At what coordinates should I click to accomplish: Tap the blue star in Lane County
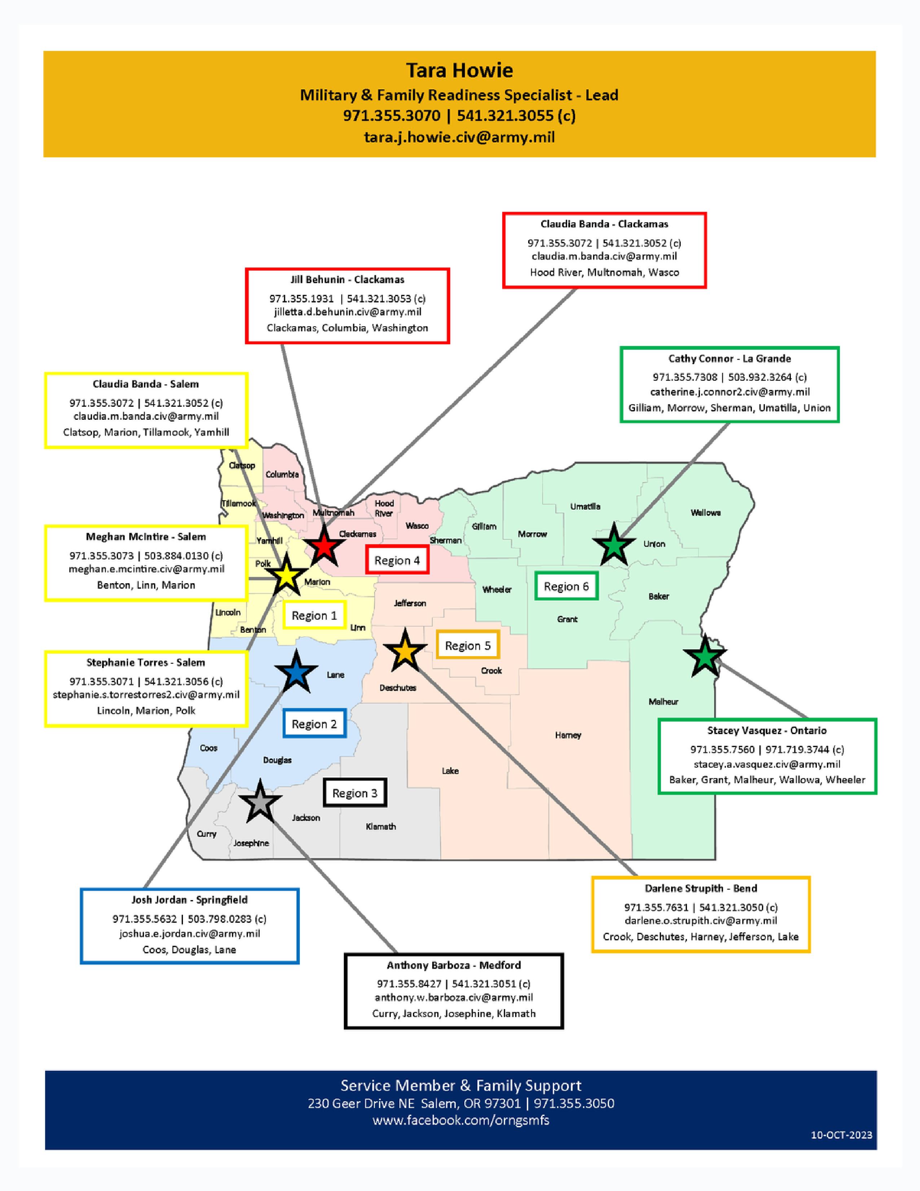point(296,672)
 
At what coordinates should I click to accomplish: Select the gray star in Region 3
point(260,801)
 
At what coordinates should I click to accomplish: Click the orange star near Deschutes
point(405,651)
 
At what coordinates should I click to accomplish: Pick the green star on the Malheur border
point(705,656)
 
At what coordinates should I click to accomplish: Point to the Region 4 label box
point(397,560)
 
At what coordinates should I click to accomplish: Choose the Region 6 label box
point(566,586)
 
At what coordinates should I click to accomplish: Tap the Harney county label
point(568,735)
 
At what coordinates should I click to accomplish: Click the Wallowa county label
point(705,512)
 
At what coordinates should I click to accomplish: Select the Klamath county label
point(380,826)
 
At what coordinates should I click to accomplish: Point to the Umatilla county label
point(585,507)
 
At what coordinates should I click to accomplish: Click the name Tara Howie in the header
point(459,70)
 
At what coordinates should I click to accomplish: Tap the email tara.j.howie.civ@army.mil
point(459,137)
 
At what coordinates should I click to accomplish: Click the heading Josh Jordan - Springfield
point(189,900)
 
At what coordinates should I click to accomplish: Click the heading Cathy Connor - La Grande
point(729,358)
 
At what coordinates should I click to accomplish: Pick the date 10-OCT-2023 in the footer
point(841,1135)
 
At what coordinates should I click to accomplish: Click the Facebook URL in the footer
point(461,1121)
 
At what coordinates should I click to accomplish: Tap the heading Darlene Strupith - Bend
point(700,888)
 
